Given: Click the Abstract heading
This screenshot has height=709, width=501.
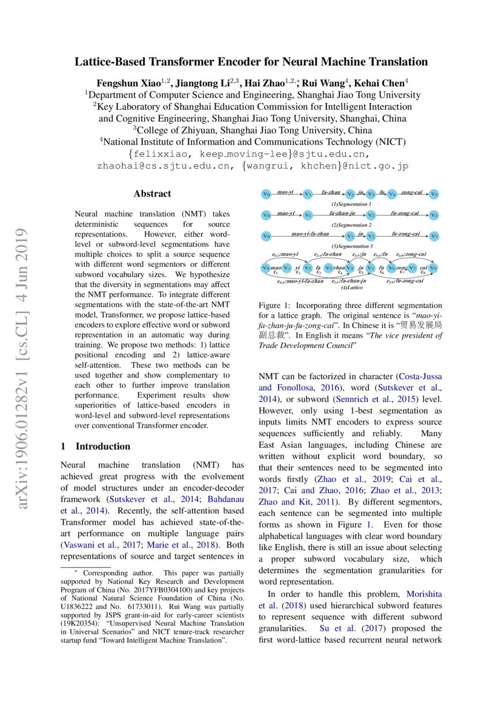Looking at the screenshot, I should [x=152, y=194].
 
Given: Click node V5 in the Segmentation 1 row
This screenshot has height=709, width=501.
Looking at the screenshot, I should [x=434, y=195].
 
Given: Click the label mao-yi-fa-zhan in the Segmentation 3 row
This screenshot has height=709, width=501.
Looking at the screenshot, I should [x=310, y=234].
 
